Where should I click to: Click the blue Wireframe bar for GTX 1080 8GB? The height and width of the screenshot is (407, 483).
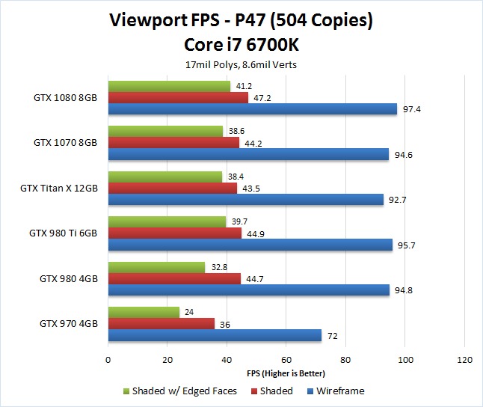[x=253, y=109]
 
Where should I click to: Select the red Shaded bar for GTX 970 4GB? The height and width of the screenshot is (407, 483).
[x=161, y=324]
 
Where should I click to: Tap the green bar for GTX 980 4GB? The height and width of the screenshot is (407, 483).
[x=156, y=267]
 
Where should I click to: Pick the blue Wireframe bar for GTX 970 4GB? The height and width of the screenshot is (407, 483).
[x=215, y=336]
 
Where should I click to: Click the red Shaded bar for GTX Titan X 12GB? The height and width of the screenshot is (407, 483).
[x=173, y=189]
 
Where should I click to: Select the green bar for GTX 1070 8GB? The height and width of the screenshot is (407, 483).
[x=165, y=131]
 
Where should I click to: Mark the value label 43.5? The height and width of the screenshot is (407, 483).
[x=251, y=189]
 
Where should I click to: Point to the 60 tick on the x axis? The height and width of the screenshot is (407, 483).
[x=286, y=360]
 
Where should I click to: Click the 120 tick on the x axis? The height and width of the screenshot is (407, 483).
[x=464, y=360]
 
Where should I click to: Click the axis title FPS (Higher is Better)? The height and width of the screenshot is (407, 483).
[x=286, y=373]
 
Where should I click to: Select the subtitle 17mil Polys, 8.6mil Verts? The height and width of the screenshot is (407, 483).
[x=241, y=65]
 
